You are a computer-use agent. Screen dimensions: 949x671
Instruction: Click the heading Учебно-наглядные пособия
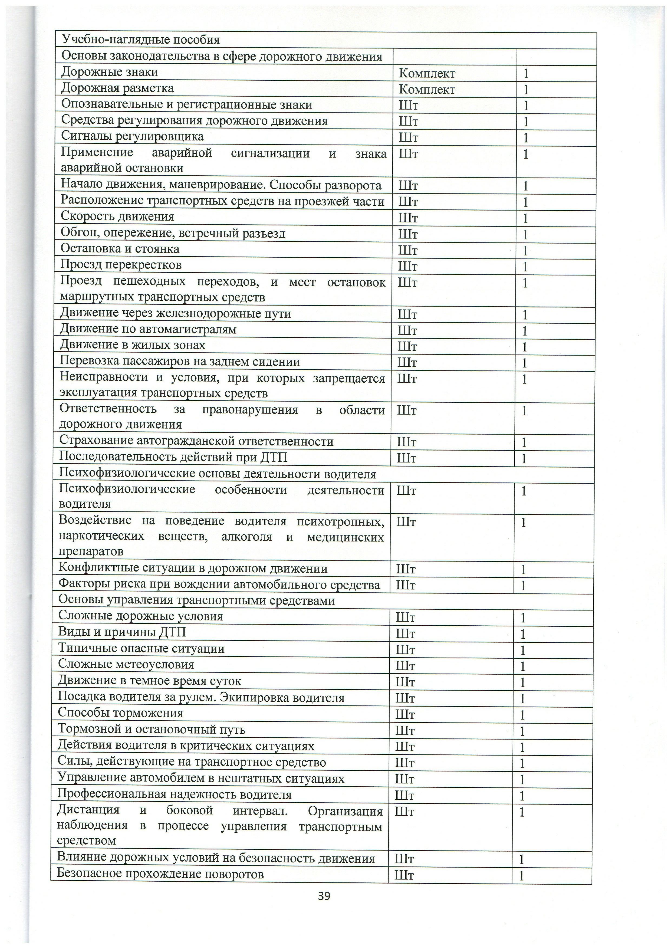(140, 40)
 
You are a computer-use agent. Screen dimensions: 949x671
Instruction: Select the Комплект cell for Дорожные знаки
(427, 74)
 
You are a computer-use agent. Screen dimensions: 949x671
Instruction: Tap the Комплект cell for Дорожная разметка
(427, 90)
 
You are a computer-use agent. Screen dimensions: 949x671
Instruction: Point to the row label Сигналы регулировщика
(132, 136)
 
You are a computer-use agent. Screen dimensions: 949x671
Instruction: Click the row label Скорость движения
(117, 216)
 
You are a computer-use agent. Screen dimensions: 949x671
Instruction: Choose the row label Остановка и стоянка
(120, 249)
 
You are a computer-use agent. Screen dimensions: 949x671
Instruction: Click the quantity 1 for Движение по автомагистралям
(524, 331)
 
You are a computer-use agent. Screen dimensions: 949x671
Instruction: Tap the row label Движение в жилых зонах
(132, 345)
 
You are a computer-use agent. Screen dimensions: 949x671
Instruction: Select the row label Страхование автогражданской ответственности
(196, 441)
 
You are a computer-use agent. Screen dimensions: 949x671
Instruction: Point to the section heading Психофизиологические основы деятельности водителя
(217, 474)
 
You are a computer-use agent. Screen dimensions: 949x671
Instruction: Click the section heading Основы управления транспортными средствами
(196, 600)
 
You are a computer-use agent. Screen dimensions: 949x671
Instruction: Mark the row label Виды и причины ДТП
(122, 632)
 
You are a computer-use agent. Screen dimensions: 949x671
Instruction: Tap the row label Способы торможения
(120, 713)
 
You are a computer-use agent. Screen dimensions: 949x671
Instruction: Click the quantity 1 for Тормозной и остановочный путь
(522, 731)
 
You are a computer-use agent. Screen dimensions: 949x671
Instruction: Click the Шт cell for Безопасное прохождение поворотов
(404, 875)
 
